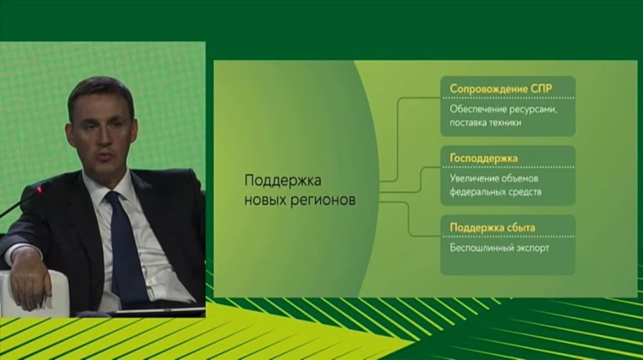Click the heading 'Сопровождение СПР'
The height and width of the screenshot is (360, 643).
pyautogui.click(x=501, y=89)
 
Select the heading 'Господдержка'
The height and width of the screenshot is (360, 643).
pyautogui.click(x=484, y=158)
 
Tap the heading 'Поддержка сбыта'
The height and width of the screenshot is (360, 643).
pyautogui.click(x=492, y=228)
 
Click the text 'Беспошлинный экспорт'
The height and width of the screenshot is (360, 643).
pyautogui.click(x=499, y=248)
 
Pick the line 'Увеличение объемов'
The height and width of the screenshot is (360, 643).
pyautogui.click(x=494, y=178)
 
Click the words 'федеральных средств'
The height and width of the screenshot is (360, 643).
pyautogui.click(x=495, y=192)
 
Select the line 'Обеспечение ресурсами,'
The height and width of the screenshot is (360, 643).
pyautogui.click(x=503, y=109)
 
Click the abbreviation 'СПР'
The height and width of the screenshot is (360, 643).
pyautogui.click(x=541, y=89)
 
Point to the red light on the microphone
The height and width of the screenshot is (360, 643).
pyautogui.click(x=39, y=190)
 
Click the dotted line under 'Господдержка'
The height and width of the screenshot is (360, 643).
pyautogui.click(x=508, y=167)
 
